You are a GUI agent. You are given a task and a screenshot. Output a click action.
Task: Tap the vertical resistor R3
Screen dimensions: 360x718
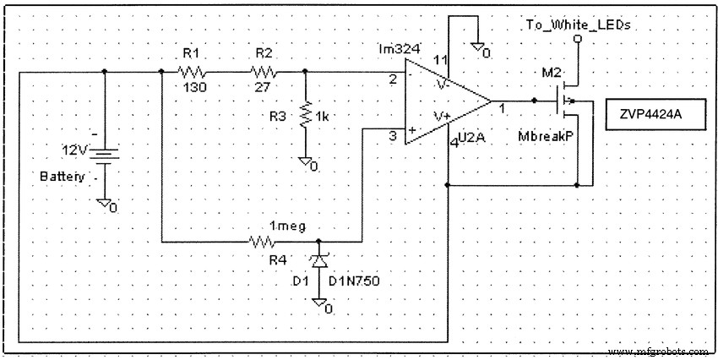304,114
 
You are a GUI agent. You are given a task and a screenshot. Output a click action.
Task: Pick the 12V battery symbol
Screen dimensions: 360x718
104,155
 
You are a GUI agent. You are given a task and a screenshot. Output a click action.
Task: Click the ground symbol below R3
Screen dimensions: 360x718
307,163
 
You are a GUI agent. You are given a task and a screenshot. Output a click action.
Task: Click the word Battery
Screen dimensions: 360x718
63,178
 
